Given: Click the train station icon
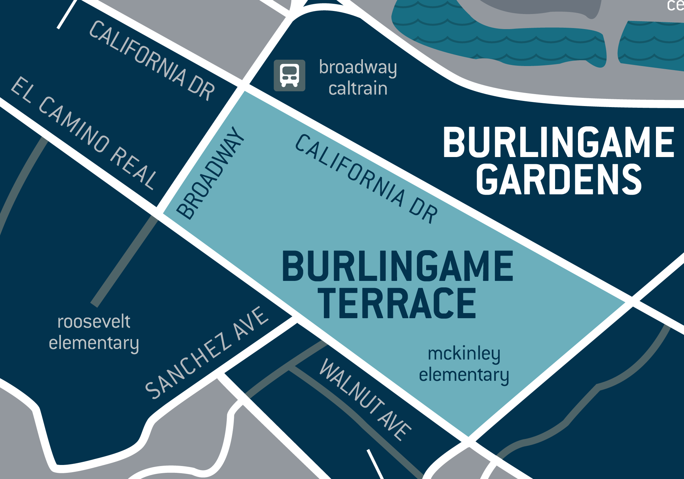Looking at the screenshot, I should [289, 76].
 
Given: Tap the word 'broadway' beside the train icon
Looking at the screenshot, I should [358, 67].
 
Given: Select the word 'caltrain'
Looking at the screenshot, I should [358, 89].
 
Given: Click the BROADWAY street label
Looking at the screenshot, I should [211, 173].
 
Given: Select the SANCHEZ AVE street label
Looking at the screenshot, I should [207, 352].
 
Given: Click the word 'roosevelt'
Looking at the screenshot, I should [94, 322].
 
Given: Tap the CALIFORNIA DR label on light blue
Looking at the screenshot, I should [366, 179].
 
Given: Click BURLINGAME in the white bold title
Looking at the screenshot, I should [558, 142].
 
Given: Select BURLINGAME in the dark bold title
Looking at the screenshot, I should [397, 266].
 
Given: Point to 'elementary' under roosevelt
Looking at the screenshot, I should [94, 343].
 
